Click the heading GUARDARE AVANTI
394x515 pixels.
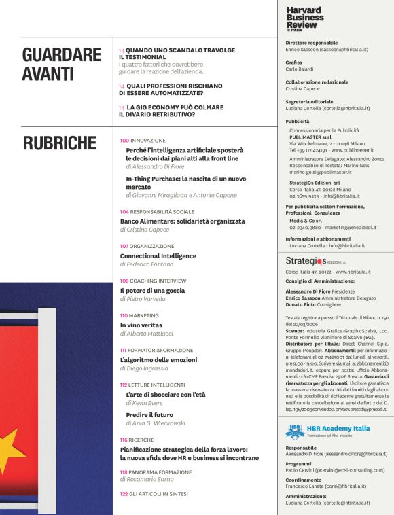point(61,64)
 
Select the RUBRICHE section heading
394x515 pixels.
point(60,143)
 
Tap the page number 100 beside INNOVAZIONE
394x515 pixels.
point(124,140)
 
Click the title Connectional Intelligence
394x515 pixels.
point(158,255)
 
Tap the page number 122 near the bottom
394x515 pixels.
point(124,493)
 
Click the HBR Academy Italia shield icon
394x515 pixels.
point(293,430)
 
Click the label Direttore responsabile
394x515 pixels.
point(312,43)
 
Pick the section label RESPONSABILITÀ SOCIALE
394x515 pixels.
point(162,211)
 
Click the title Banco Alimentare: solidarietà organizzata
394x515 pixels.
point(182,221)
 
